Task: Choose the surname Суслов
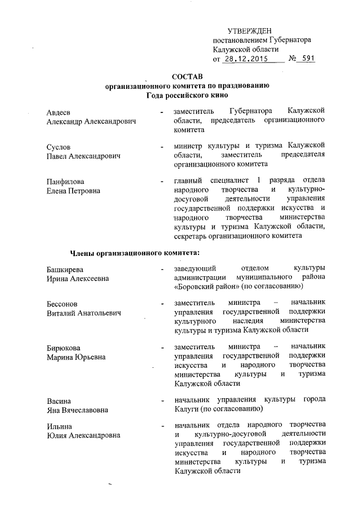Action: [x=58, y=147]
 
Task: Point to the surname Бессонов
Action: [x=62, y=304]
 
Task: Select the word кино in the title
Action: [x=211, y=95]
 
